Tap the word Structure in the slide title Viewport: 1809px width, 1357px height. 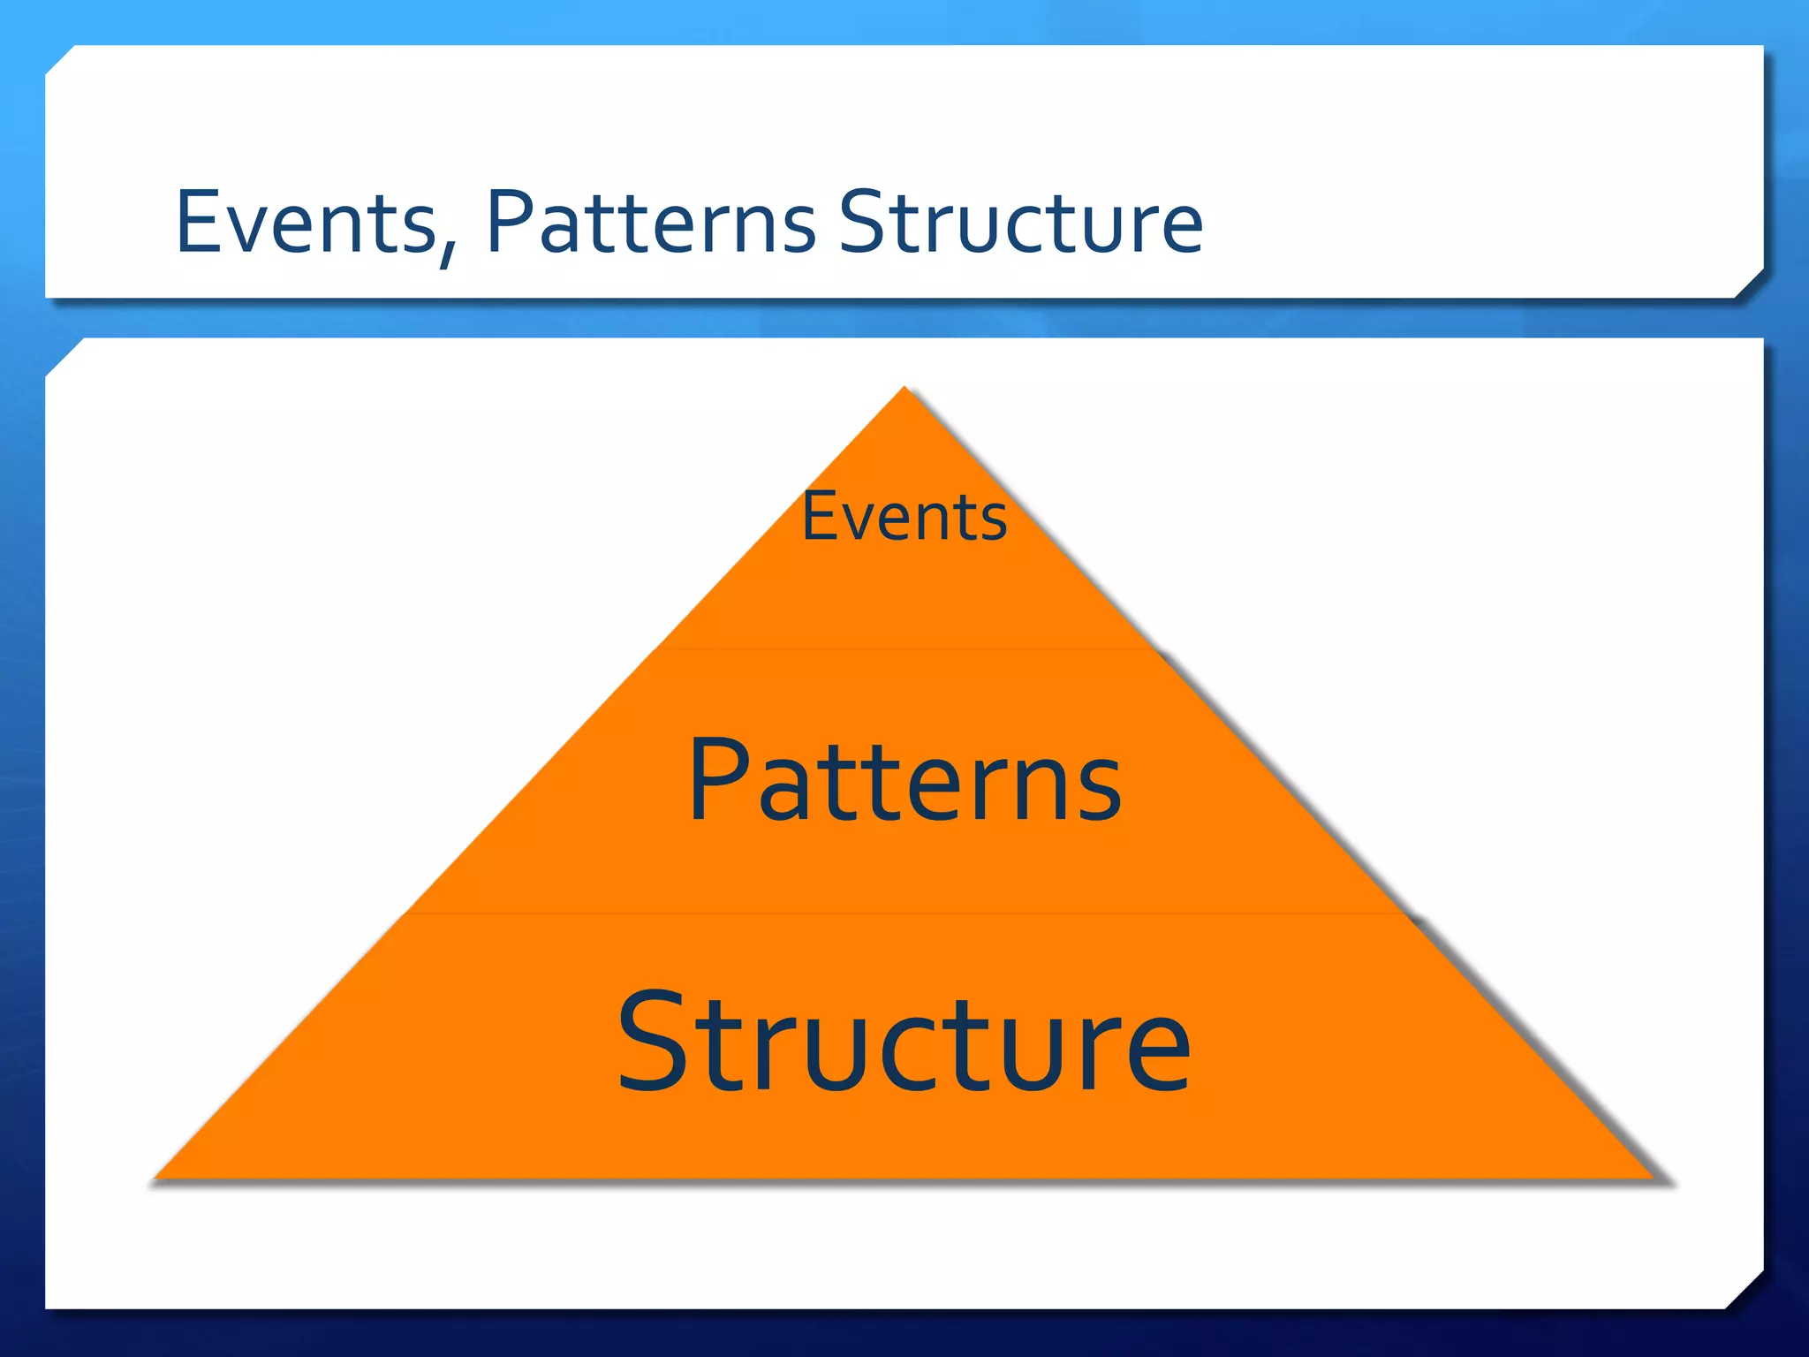tap(1020, 223)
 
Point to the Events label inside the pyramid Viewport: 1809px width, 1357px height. tap(904, 517)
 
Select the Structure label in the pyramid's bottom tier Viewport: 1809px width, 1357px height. tap(904, 1042)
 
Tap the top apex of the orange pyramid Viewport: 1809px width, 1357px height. tap(904, 390)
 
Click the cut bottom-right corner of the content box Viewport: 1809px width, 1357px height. tap(1745, 1290)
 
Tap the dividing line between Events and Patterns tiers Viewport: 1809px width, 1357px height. tap(904, 649)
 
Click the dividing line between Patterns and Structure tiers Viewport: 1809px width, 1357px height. tap(904, 914)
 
